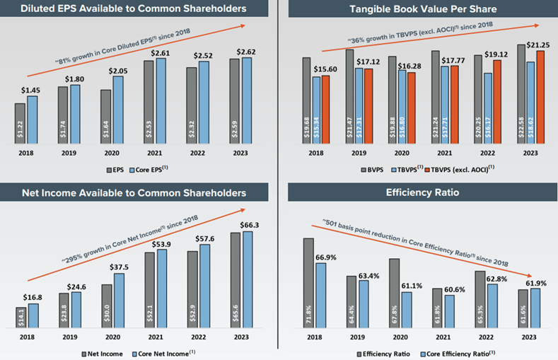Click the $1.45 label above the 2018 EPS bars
point(32,91)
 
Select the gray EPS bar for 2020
point(106,116)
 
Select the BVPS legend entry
point(373,169)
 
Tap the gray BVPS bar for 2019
point(349,95)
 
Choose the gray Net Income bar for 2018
point(20,318)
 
